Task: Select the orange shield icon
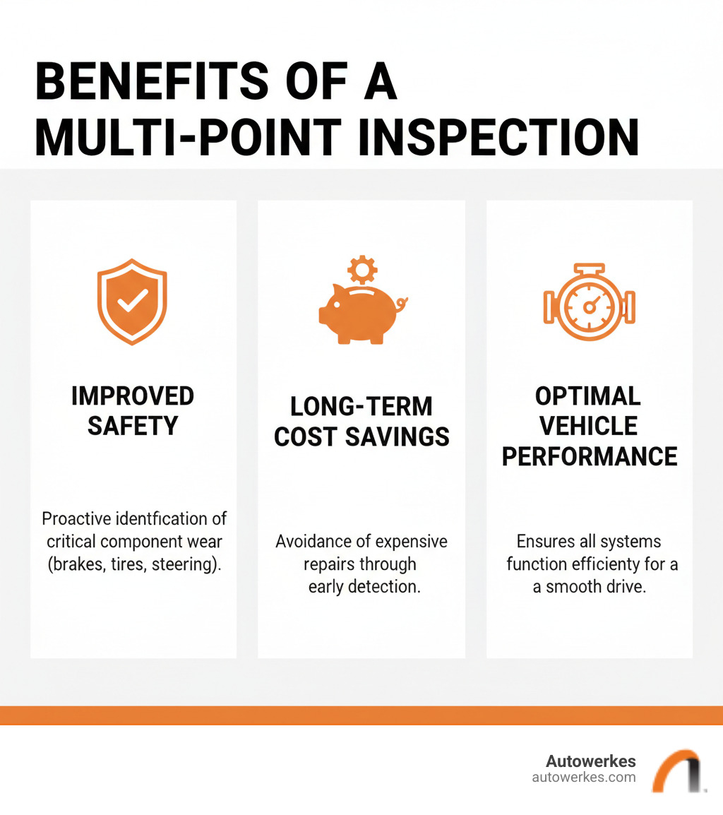click(132, 302)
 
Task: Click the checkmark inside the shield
click(132, 301)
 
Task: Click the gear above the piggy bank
click(363, 269)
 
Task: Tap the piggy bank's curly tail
click(403, 305)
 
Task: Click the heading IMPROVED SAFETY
click(133, 411)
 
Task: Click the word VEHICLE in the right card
click(589, 426)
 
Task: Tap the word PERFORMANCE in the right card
click(589, 456)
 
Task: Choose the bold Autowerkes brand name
click(590, 761)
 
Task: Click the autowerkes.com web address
click(583, 778)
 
